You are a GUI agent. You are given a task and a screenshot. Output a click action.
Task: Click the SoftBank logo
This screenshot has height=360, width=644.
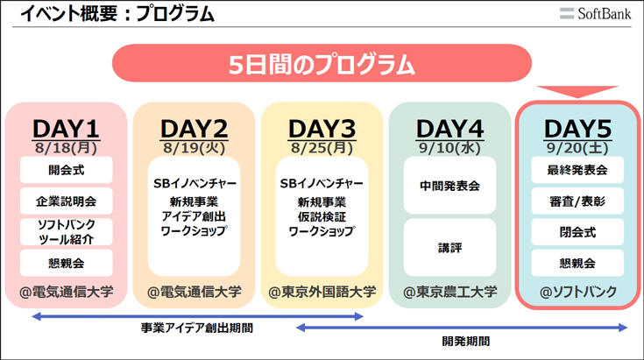click(595, 13)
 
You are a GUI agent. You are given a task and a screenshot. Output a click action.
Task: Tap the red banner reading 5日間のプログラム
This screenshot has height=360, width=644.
click(322, 63)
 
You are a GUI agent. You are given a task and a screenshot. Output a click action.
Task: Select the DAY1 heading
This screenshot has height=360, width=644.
click(66, 129)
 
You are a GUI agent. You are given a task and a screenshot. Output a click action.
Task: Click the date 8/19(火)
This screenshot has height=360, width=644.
click(194, 148)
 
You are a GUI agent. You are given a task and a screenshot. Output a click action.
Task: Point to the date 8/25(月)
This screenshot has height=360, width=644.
click(322, 148)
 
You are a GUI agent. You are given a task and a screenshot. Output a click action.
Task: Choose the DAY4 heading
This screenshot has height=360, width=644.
click(449, 129)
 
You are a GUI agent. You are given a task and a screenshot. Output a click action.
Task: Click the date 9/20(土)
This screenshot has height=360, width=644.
click(577, 148)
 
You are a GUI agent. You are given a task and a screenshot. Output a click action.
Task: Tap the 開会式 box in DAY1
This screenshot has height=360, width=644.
click(66, 170)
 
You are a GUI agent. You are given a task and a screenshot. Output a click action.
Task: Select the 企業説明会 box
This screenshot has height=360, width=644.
click(66, 201)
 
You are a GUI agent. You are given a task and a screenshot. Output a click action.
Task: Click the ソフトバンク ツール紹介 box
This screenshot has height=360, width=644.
click(66, 232)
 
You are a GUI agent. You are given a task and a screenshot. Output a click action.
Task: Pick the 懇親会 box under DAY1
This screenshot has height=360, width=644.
click(66, 263)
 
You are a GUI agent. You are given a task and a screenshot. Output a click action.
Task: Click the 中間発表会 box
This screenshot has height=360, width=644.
click(449, 186)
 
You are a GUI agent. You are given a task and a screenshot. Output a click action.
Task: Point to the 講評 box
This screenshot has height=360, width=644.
click(449, 248)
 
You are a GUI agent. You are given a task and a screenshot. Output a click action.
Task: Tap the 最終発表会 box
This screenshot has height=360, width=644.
click(577, 170)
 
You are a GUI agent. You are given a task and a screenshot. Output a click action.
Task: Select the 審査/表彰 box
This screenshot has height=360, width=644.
click(577, 201)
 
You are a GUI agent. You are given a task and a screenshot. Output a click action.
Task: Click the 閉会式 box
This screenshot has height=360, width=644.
click(577, 232)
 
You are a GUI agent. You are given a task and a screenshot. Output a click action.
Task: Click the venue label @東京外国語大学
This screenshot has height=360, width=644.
click(322, 292)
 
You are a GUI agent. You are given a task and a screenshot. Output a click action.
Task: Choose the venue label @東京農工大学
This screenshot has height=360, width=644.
click(449, 292)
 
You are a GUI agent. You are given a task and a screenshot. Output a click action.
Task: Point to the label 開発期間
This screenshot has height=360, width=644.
click(466, 341)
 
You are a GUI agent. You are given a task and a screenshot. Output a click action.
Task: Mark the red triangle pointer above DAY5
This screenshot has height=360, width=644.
click(577, 91)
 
